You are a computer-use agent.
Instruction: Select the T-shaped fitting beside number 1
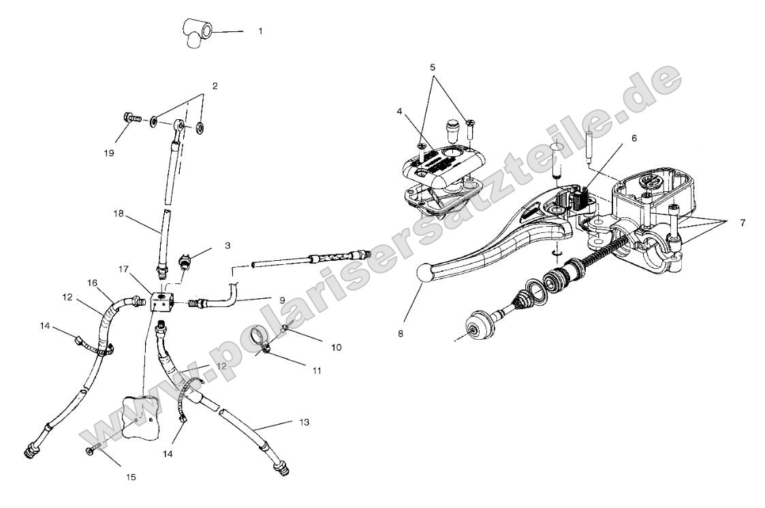point(196,33)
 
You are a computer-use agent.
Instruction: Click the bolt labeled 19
point(129,118)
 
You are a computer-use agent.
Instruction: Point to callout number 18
point(120,213)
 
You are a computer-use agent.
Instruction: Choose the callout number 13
point(304,422)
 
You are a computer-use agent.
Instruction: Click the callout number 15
point(130,477)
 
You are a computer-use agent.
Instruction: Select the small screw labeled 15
point(93,451)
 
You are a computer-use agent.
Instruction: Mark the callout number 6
point(634,138)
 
